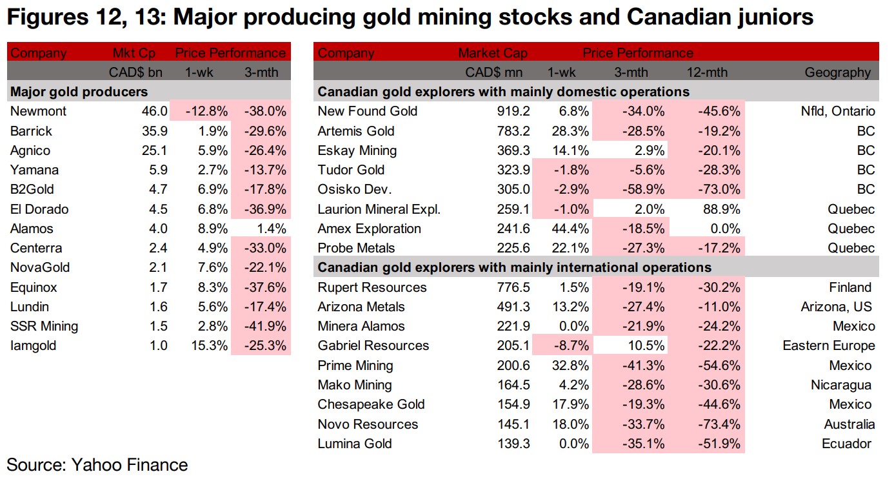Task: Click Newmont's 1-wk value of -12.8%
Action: pos(206,111)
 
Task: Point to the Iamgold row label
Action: pos(34,345)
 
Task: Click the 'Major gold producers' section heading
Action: pos(79,92)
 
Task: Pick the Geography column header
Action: pos(837,72)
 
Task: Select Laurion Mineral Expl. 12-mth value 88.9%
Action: pos(720,209)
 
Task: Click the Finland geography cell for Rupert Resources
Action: pos(850,287)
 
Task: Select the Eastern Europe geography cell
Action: pos(828,345)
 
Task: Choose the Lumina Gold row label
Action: pos(355,444)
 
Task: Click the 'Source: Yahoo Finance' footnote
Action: pos(97,464)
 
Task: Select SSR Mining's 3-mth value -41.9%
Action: pos(265,326)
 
